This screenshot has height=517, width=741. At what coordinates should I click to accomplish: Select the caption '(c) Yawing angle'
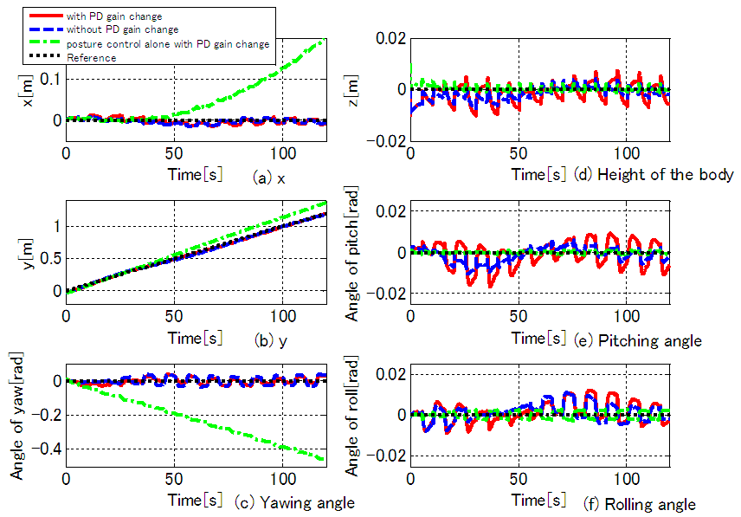(294, 502)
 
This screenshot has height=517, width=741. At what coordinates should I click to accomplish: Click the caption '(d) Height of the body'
(653, 175)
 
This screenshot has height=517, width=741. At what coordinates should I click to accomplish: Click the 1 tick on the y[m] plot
(55, 226)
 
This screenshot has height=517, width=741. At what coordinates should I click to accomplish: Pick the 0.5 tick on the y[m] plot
(48, 258)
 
